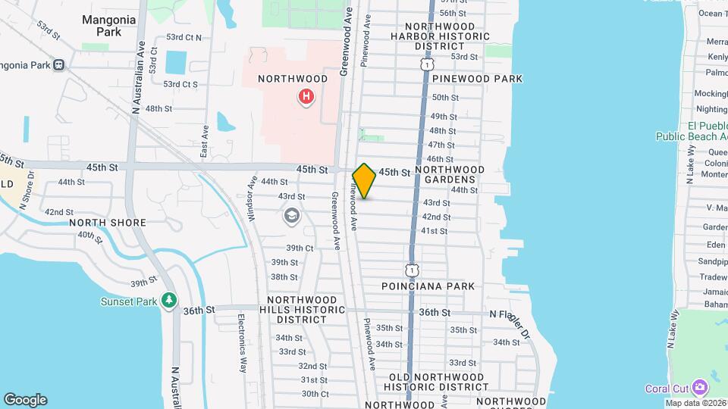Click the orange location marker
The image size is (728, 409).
(364, 181)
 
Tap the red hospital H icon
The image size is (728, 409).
(306, 96)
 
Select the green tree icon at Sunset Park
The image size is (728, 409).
(170, 301)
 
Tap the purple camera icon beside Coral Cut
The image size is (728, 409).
(698, 388)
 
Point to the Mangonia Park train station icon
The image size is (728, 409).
(58, 65)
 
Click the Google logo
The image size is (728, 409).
(25, 400)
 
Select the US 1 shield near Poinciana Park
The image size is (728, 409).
(411, 270)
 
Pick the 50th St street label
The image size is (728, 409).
(445, 98)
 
